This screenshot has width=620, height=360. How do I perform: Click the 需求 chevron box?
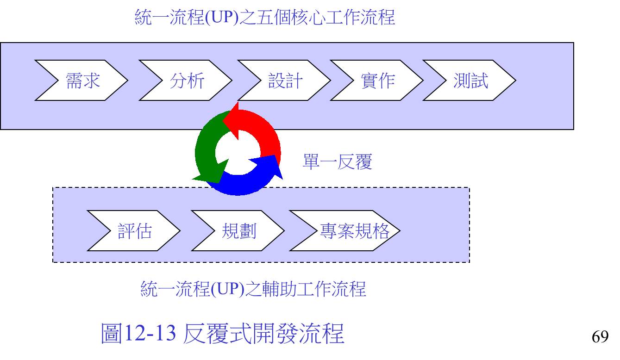tap(81, 80)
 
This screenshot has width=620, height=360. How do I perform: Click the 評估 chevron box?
tap(134, 230)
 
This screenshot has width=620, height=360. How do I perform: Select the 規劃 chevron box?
tap(238, 230)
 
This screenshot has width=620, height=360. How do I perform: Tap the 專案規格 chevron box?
tap(345, 230)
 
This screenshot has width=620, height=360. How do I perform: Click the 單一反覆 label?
tap(338, 161)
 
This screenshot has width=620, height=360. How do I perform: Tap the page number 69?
tap(600, 336)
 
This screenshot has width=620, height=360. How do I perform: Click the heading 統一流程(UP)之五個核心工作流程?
tap(264, 17)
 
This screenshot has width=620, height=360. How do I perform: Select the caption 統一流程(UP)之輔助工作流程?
tap(253, 289)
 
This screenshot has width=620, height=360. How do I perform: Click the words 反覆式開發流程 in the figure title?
tap(263, 333)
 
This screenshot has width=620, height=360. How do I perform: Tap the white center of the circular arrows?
tap(238, 153)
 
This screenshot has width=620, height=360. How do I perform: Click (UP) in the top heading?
tap(222, 17)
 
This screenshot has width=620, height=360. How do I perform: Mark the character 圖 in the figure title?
tap(112, 333)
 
